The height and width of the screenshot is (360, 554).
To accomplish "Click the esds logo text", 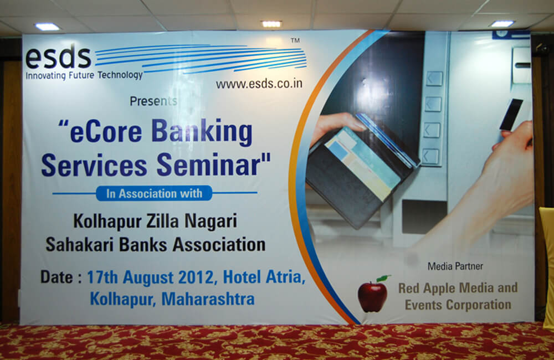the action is (x=58, y=56).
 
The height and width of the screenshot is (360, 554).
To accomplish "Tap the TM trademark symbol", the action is (x=295, y=40).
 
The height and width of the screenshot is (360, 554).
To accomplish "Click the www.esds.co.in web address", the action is (x=259, y=84).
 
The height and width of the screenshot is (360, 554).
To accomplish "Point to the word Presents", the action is (x=153, y=101).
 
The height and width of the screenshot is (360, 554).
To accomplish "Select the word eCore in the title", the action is (x=106, y=131).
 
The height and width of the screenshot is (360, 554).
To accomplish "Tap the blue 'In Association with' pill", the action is (x=154, y=193).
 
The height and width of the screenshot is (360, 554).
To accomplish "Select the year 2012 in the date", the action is (x=196, y=277).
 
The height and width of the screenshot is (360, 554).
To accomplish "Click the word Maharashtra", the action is (x=208, y=299).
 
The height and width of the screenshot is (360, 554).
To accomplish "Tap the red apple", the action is (x=372, y=296).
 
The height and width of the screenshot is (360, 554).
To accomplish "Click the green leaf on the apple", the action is (x=384, y=279).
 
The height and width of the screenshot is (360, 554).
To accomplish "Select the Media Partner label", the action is (x=455, y=266).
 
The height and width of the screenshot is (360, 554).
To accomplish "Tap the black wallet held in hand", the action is (x=362, y=172).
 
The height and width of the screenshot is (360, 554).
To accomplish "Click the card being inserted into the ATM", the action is (x=511, y=115).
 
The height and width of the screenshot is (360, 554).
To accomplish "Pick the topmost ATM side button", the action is (x=434, y=79).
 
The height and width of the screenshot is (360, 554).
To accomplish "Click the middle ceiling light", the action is (x=271, y=24).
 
